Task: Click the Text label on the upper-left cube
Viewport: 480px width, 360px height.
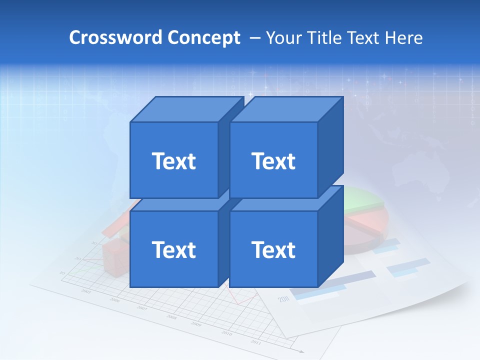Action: coord(173,161)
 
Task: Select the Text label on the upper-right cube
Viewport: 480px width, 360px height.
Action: coord(273,161)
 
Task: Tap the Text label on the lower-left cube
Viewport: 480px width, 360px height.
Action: coord(173,249)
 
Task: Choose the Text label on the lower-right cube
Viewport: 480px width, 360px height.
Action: coord(273,249)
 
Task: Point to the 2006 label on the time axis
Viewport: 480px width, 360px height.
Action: coord(115,300)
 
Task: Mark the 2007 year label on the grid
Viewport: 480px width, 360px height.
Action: coord(142,308)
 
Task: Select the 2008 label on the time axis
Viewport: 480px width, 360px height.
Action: coord(171,317)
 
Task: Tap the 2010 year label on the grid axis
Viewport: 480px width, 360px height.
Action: coord(226,333)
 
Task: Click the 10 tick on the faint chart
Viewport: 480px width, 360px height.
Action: coord(62,272)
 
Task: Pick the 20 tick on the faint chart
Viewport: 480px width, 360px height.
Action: coord(77,258)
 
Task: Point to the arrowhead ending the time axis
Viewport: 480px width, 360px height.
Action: coord(301,351)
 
